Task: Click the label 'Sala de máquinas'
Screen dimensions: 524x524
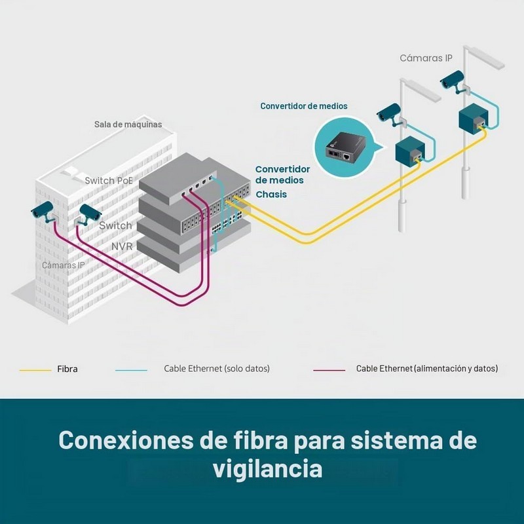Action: (x=128, y=124)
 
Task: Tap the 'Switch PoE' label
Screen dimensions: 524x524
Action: (x=109, y=181)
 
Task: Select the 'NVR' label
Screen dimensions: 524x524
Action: (x=122, y=247)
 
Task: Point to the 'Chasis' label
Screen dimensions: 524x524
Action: (x=271, y=194)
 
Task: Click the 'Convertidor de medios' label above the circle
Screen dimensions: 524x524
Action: (x=304, y=106)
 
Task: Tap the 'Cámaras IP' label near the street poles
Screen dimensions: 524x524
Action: (x=426, y=58)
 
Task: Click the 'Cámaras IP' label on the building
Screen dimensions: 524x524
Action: (x=63, y=265)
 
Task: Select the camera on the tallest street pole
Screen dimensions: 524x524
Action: (x=453, y=81)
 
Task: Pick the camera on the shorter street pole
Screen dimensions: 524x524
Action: (x=390, y=113)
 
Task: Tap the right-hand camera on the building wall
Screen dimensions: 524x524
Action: (x=88, y=214)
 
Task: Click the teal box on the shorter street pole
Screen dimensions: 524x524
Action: (x=410, y=149)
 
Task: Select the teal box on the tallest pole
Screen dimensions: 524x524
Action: (x=473, y=117)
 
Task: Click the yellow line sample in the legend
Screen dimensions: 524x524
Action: (x=35, y=370)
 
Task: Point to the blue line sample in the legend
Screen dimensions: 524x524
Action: (x=131, y=370)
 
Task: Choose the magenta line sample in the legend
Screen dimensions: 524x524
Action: (x=329, y=370)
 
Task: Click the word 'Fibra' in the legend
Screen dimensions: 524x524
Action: (x=67, y=369)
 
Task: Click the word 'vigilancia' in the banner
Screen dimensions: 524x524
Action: (x=268, y=469)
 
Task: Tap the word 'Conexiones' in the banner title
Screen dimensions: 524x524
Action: (x=126, y=440)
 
